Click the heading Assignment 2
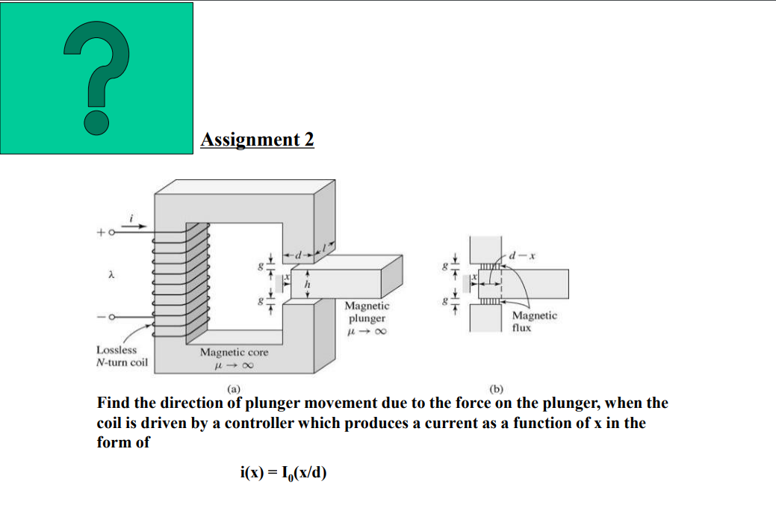coord(257,140)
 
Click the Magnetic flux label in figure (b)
coord(534,321)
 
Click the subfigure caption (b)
coord(496,388)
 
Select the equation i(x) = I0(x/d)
coord(283,472)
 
